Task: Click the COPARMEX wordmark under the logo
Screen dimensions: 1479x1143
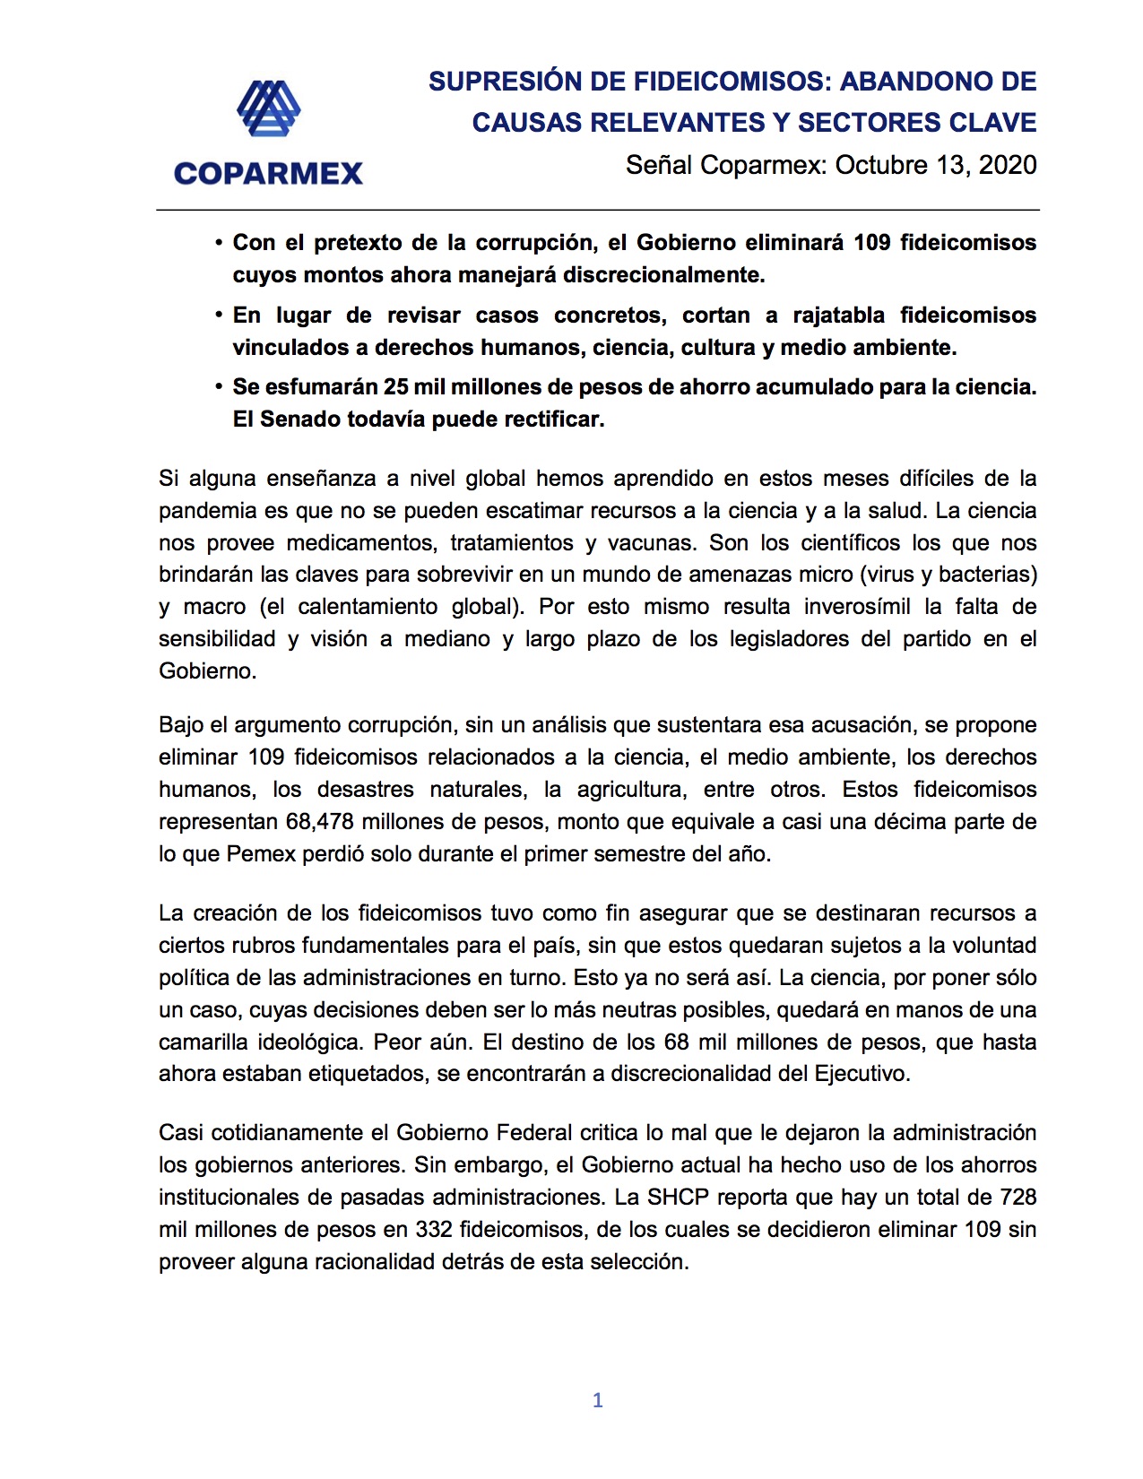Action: (x=268, y=173)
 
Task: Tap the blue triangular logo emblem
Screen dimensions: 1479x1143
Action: (x=268, y=108)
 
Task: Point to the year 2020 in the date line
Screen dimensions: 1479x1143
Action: (x=1008, y=165)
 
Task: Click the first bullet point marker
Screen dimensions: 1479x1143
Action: (x=219, y=243)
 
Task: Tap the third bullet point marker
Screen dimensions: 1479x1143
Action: (x=219, y=387)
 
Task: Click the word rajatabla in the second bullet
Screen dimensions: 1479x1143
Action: (x=838, y=316)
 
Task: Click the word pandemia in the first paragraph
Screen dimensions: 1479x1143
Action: (x=207, y=511)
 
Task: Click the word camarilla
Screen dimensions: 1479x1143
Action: (x=203, y=1042)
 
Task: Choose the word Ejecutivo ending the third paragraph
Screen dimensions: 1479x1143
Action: (x=861, y=1074)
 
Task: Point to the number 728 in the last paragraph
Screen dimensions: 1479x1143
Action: (x=1017, y=1198)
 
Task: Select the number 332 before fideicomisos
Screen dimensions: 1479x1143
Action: (x=434, y=1230)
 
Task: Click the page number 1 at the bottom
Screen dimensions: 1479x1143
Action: (x=598, y=1400)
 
